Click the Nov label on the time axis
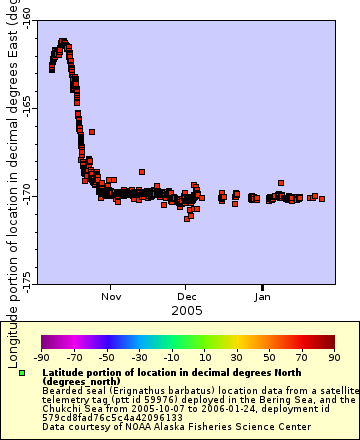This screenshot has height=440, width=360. click(x=111, y=297)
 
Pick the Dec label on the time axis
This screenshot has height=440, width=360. click(x=188, y=297)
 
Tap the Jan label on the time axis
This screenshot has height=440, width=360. click(x=263, y=297)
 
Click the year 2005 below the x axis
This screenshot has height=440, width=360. click(x=187, y=311)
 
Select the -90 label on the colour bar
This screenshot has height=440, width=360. click(x=42, y=356)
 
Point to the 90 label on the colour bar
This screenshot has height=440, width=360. click(x=333, y=356)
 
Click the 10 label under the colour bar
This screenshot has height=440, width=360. click(x=204, y=356)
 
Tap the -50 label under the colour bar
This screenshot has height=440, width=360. click(x=107, y=356)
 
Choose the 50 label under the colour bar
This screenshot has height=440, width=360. click(x=268, y=356)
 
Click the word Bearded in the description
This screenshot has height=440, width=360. click(x=62, y=391)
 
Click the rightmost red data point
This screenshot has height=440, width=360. click(x=321, y=198)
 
